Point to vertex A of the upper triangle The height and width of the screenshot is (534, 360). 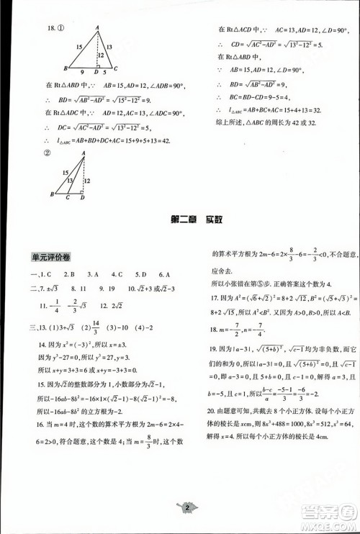coord(97,27)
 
